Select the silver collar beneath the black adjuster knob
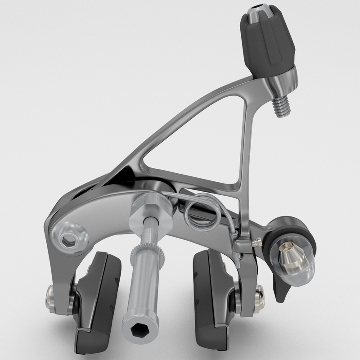[281, 81]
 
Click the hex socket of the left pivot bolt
[69, 242]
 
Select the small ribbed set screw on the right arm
[257, 243]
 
